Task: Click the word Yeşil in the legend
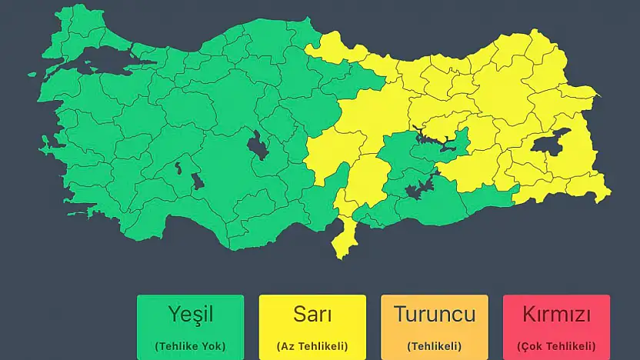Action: pyautogui.click(x=190, y=315)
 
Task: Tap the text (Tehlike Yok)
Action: pyautogui.click(x=190, y=346)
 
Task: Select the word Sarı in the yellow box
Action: pyautogui.click(x=312, y=315)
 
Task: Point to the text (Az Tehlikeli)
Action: pyautogui.click(x=312, y=346)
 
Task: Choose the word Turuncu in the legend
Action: pyautogui.click(x=434, y=315)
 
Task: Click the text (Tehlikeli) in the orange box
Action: pyautogui.click(x=434, y=346)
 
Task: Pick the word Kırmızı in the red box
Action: pyautogui.click(x=556, y=315)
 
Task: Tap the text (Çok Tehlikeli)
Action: pyautogui.click(x=556, y=346)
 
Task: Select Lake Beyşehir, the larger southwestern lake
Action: pyautogui.click(x=197, y=182)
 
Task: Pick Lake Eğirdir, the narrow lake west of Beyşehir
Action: pyautogui.click(x=178, y=167)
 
